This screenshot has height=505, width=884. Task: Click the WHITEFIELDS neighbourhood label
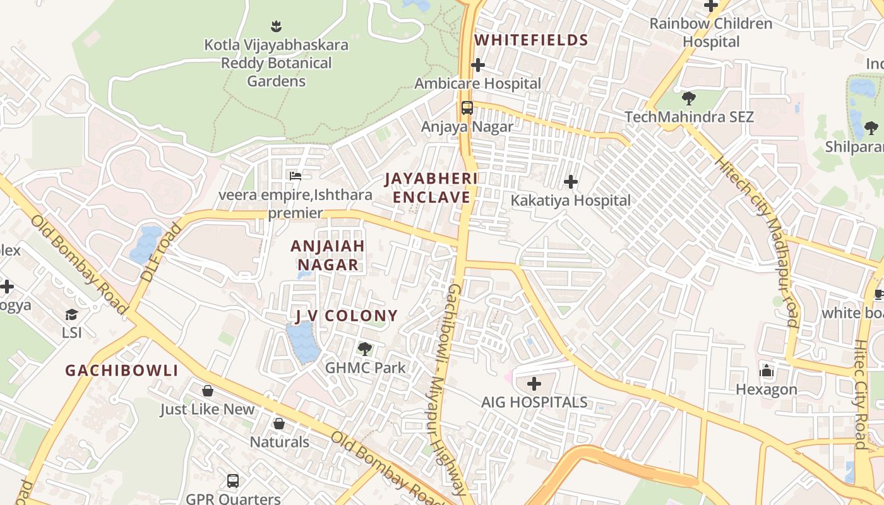click(x=531, y=40)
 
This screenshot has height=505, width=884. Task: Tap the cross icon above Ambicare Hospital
click(x=478, y=65)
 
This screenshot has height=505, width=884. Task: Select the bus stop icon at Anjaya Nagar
click(x=467, y=107)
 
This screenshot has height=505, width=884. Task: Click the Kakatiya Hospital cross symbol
click(x=571, y=182)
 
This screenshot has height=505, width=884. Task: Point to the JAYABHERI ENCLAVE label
click(x=432, y=188)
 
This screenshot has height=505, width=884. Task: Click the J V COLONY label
click(x=347, y=316)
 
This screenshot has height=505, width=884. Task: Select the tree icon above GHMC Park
click(x=364, y=349)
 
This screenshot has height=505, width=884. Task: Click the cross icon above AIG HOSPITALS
click(x=534, y=384)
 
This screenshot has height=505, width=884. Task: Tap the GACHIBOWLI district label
click(x=122, y=371)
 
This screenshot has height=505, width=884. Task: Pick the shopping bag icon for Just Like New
click(x=207, y=391)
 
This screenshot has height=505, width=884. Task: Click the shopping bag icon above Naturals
click(x=279, y=424)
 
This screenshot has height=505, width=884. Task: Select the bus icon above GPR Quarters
click(x=233, y=481)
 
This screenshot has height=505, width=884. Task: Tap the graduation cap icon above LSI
click(x=71, y=314)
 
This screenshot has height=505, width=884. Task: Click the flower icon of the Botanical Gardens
click(x=276, y=27)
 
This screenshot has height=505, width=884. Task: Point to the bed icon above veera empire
click(x=295, y=176)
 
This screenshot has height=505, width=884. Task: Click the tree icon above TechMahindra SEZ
click(x=688, y=98)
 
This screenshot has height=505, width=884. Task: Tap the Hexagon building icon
click(x=767, y=371)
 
